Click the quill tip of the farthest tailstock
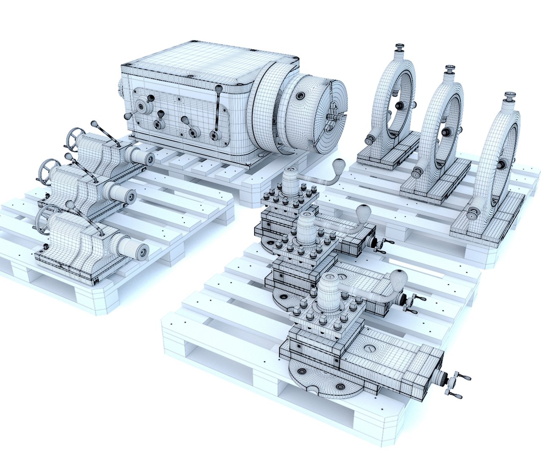(149, 159)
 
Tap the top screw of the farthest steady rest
(399, 46)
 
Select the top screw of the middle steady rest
(450, 69)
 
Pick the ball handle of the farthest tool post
(339, 165)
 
